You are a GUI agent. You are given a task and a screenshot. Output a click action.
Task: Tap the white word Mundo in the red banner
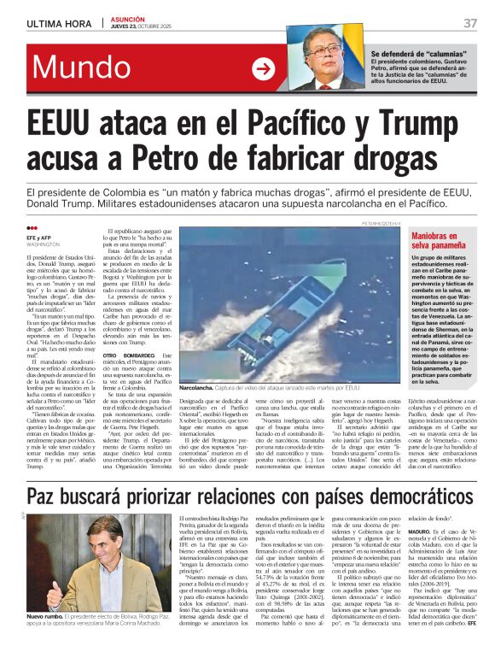coord(82,67)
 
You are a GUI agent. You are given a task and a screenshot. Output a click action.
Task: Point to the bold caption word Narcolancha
coord(197,387)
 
